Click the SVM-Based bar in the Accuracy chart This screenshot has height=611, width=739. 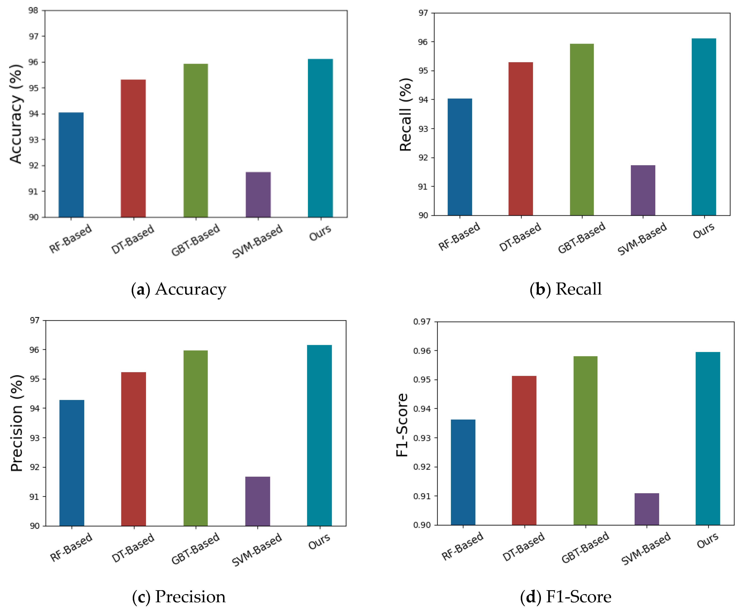258,195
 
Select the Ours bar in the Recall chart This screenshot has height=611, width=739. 704,127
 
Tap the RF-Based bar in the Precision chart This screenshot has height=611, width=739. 72,463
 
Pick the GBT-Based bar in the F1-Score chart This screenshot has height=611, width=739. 586,441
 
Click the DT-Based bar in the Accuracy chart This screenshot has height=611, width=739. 133,148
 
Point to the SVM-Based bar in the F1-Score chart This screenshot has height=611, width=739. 647,509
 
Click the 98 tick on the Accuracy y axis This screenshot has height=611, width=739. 33,11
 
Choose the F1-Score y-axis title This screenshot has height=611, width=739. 402,425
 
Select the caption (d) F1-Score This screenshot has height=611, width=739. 565,597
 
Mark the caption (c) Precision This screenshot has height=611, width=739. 179,597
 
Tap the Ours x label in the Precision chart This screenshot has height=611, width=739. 319,541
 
